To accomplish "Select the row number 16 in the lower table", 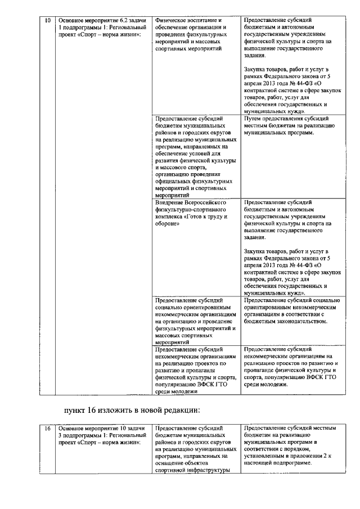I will pyautogui.click(x=48, y=429).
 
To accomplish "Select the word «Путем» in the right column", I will pyautogui.click(x=254, y=119).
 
